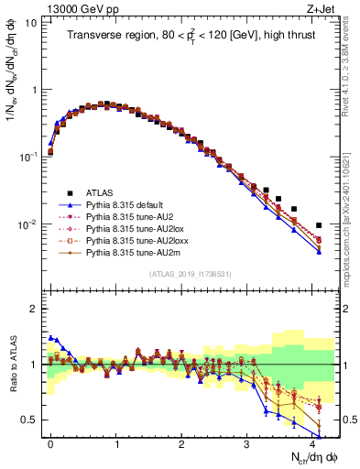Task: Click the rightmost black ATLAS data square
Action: pyautogui.click(x=319, y=225)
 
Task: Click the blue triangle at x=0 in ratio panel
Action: pyautogui.click(x=50, y=338)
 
